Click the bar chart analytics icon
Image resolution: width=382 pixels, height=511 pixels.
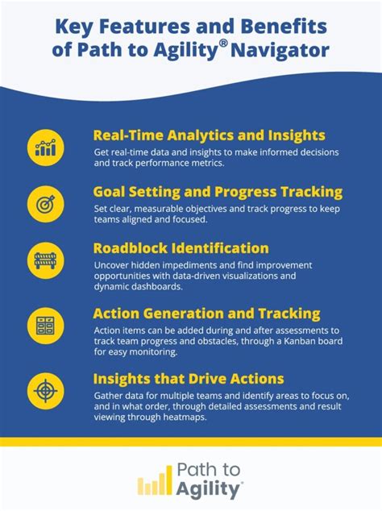pos(45,147)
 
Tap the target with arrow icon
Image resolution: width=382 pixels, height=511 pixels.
pos(45,202)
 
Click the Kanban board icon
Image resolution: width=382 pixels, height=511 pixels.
pos(45,326)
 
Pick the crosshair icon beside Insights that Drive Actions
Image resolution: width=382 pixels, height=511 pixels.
pos(45,390)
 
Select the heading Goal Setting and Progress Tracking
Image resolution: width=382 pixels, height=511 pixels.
pos(218,192)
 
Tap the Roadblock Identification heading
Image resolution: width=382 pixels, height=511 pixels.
pos(181,247)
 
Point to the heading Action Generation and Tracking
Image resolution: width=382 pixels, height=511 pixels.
pos(206,313)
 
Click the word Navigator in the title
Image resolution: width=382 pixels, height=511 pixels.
pos(279,51)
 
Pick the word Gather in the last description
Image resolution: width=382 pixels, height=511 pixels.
pos(111,396)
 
